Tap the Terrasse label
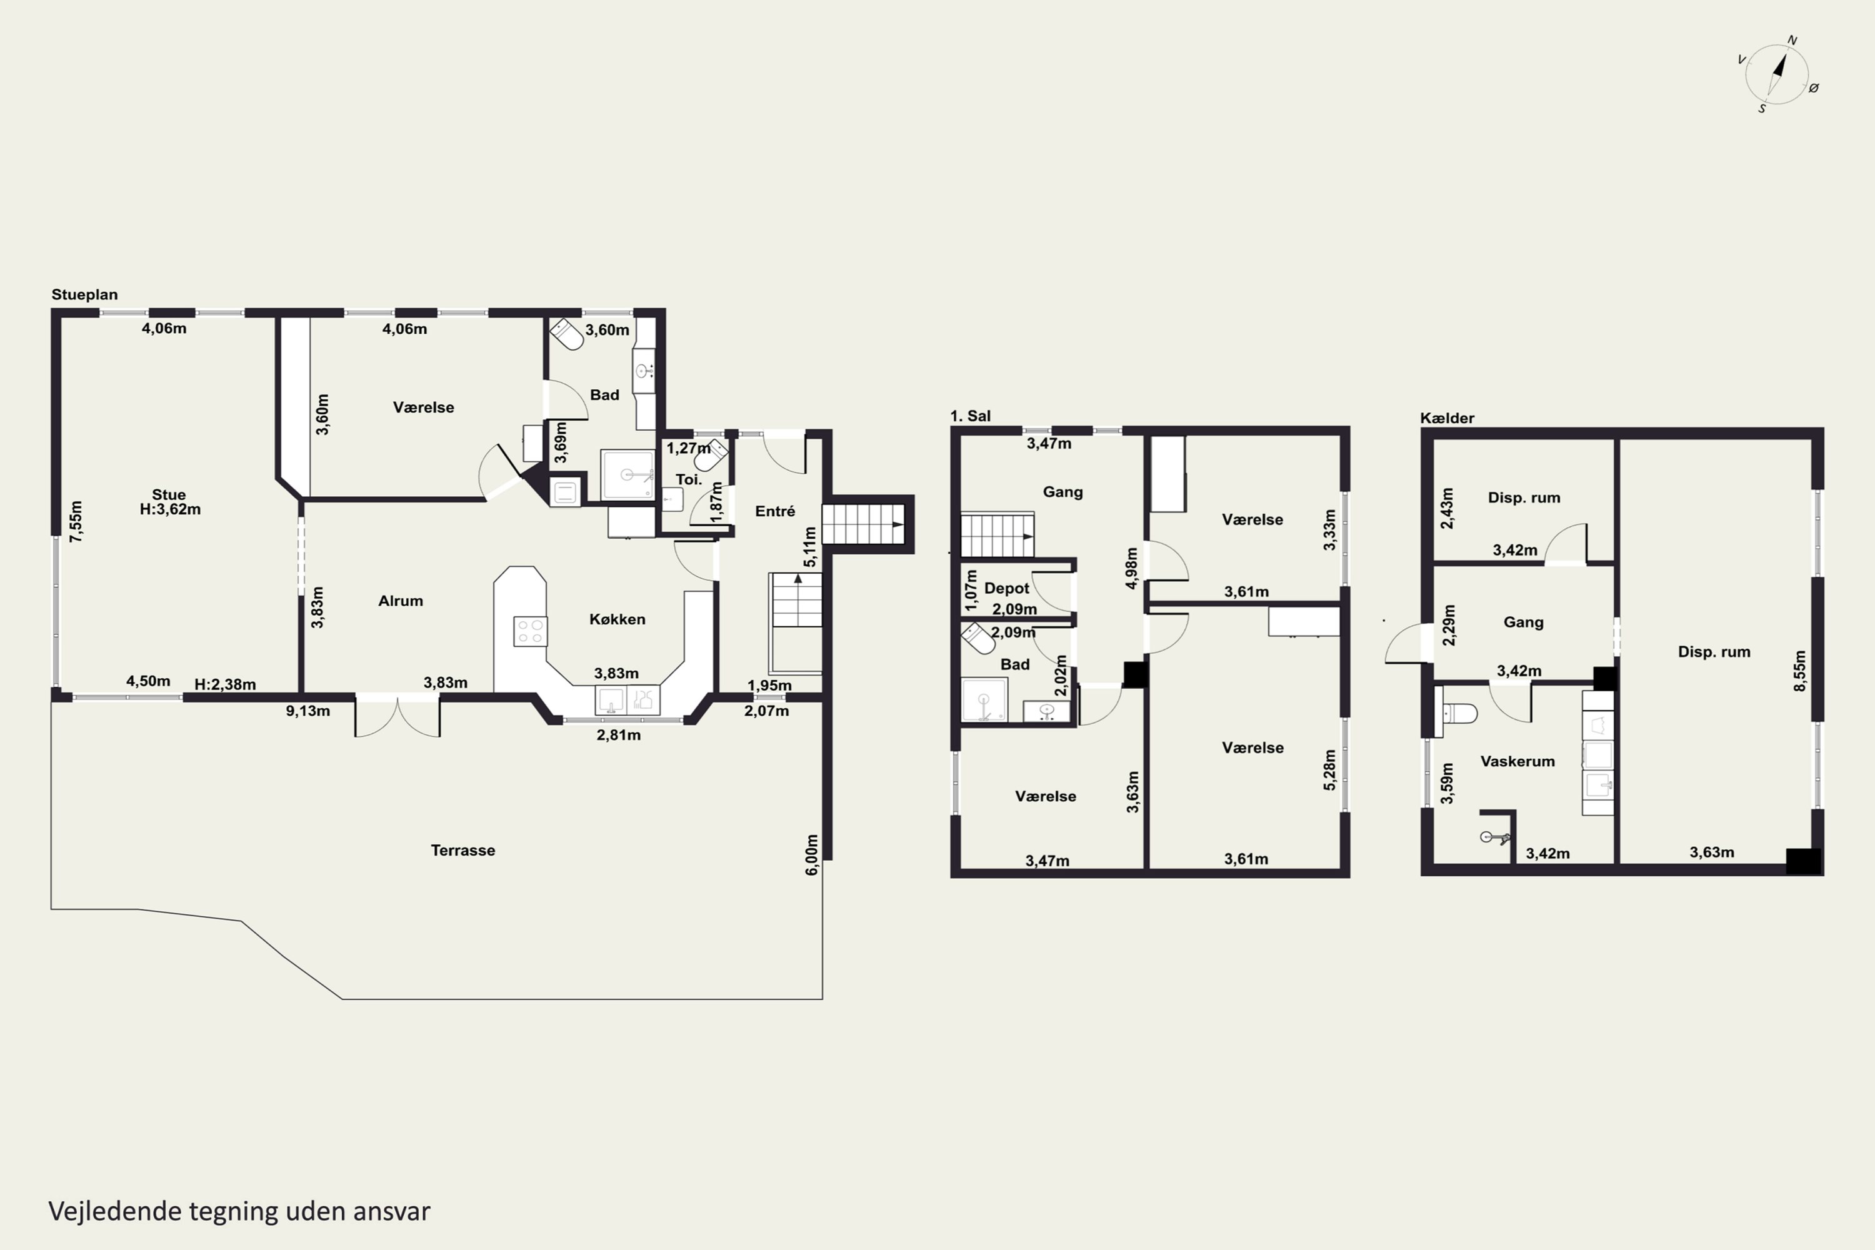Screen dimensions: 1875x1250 pos(463,851)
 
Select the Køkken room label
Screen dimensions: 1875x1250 pos(617,619)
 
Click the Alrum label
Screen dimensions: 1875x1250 pos(400,601)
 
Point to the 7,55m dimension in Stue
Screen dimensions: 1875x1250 pos(76,522)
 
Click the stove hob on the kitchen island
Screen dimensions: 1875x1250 pos(530,631)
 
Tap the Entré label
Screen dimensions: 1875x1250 pos(775,512)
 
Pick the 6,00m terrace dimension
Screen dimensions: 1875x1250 pos(811,854)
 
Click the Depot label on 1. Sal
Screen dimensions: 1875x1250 pos(1007,588)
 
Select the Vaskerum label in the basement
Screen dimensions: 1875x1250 pos(1518,761)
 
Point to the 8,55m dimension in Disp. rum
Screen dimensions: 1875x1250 pos(1800,671)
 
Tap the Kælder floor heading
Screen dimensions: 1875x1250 pos(1447,417)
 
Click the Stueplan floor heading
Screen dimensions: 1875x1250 pos(84,294)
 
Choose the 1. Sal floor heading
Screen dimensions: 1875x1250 pos(970,416)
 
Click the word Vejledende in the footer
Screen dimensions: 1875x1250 pos(116,1211)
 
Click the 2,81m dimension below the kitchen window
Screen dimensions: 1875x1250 pos(619,735)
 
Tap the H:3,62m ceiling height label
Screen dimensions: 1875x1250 pos(171,509)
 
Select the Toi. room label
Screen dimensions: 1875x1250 pos(689,480)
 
